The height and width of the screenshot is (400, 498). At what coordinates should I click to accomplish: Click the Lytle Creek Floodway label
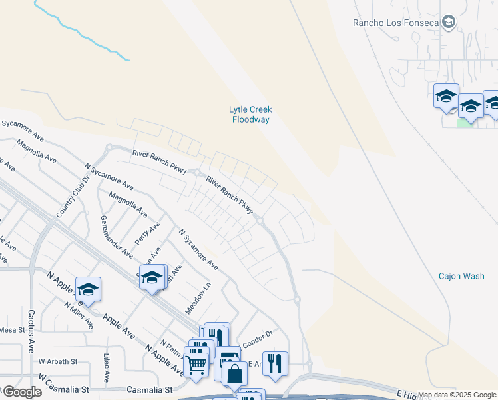[x=250, y=115]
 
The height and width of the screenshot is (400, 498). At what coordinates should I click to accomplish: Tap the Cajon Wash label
[x=461, y=276]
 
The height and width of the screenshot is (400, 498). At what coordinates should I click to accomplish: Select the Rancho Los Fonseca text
[x=395, y=23]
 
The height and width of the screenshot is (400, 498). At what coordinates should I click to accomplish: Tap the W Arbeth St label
[x=58, y=361]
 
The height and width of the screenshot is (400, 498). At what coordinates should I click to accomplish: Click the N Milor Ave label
[x=79, y=315]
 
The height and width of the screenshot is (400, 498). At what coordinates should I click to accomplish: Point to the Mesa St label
[x=11, y=329]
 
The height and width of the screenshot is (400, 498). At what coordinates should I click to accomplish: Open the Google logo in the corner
[x=22, y=391]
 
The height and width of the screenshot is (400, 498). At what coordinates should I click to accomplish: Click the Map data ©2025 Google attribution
[x=457, y=395]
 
